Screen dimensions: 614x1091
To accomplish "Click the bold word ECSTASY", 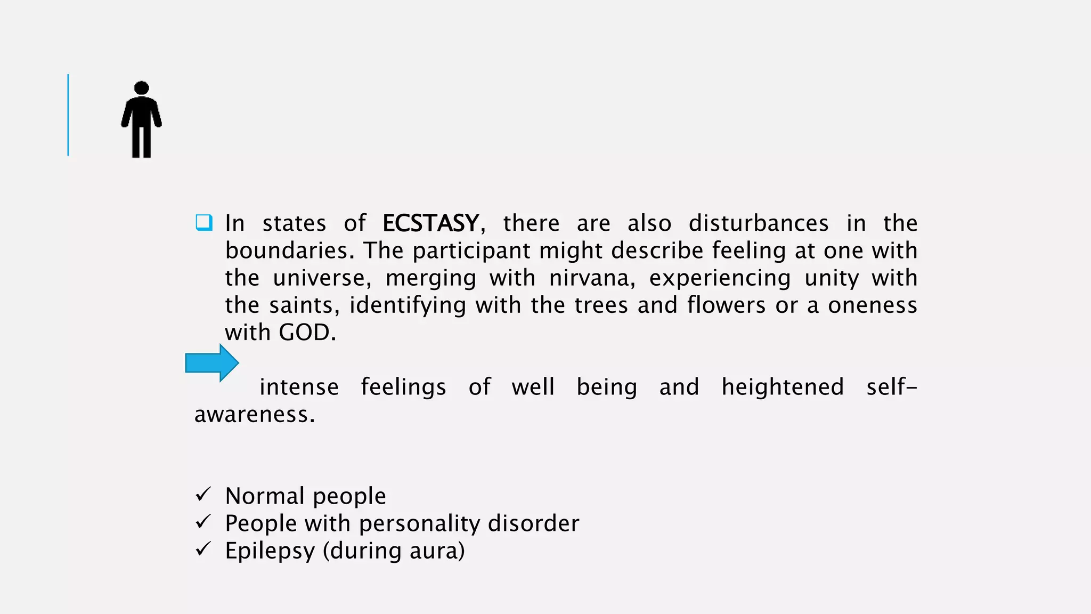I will (430, 223).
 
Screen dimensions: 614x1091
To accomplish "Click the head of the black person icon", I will (142, 88).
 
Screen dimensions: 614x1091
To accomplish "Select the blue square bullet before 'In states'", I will (204, 222).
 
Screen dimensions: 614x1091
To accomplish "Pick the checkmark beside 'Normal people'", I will (203, 495).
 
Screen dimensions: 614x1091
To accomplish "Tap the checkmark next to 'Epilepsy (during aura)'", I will (203, 549).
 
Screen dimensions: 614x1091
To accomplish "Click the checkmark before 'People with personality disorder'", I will (203, 522).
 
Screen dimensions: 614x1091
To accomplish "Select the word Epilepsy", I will (270, 551).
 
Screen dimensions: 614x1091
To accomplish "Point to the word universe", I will (319, 278).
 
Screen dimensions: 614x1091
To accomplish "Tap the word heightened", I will (783, 387).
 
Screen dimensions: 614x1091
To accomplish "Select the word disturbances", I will (759, 223).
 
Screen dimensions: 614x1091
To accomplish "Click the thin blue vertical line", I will (68, 115).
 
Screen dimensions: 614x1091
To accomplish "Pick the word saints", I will (301, 305).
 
